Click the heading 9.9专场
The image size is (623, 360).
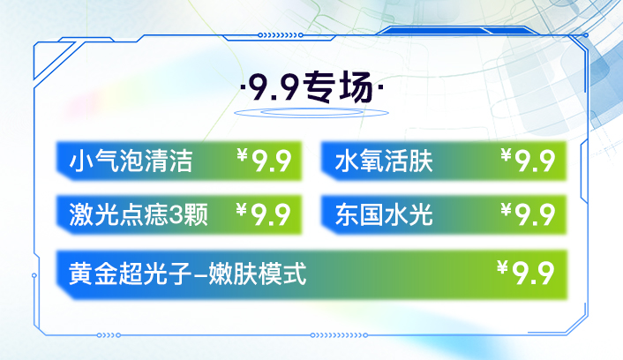[312, 86]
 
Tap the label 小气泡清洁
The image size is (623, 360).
[131, 161]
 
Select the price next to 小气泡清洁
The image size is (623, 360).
[264, 160]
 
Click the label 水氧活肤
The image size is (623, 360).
[384, 161]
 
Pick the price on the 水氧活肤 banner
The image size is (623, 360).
[528, 160]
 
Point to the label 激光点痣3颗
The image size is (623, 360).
[139, 214]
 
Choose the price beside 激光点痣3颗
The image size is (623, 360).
[264, 214]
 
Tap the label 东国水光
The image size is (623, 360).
[384, 214]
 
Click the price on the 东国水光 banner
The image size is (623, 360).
[528, 214]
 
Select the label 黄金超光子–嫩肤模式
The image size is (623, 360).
[188, 274]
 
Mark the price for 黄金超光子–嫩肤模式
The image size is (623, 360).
[525, 273]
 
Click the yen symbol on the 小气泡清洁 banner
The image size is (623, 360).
[242, 154]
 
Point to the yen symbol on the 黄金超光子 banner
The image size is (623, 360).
[502, 267]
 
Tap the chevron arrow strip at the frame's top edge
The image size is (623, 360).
[281, 35]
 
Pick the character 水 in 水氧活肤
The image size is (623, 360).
[347, 161]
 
